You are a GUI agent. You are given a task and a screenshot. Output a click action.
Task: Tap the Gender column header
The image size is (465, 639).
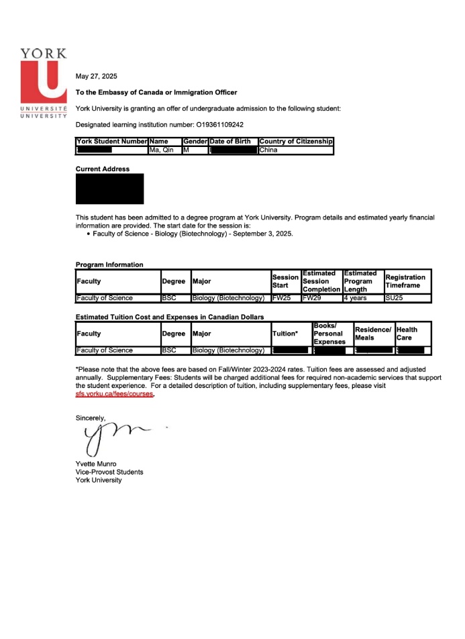tap(195, 142)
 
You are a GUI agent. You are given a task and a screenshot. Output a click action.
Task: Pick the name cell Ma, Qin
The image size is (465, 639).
tap(160, 150)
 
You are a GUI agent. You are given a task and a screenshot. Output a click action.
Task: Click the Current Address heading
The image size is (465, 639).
tap(103, 169)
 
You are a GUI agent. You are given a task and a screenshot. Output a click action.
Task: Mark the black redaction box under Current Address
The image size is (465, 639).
tap(109, 189)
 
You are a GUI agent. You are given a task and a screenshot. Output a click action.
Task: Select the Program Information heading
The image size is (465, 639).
tap(109, 264)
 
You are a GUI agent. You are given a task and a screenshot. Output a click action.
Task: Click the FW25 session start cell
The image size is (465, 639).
tap(281, 298)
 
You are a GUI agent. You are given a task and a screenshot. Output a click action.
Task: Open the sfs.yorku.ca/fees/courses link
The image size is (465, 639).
tap(115, 395)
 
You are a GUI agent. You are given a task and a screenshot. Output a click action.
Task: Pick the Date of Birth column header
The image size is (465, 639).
tap(230, 142)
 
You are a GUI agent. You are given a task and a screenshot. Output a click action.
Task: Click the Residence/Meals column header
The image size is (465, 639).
tap(372, 334)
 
